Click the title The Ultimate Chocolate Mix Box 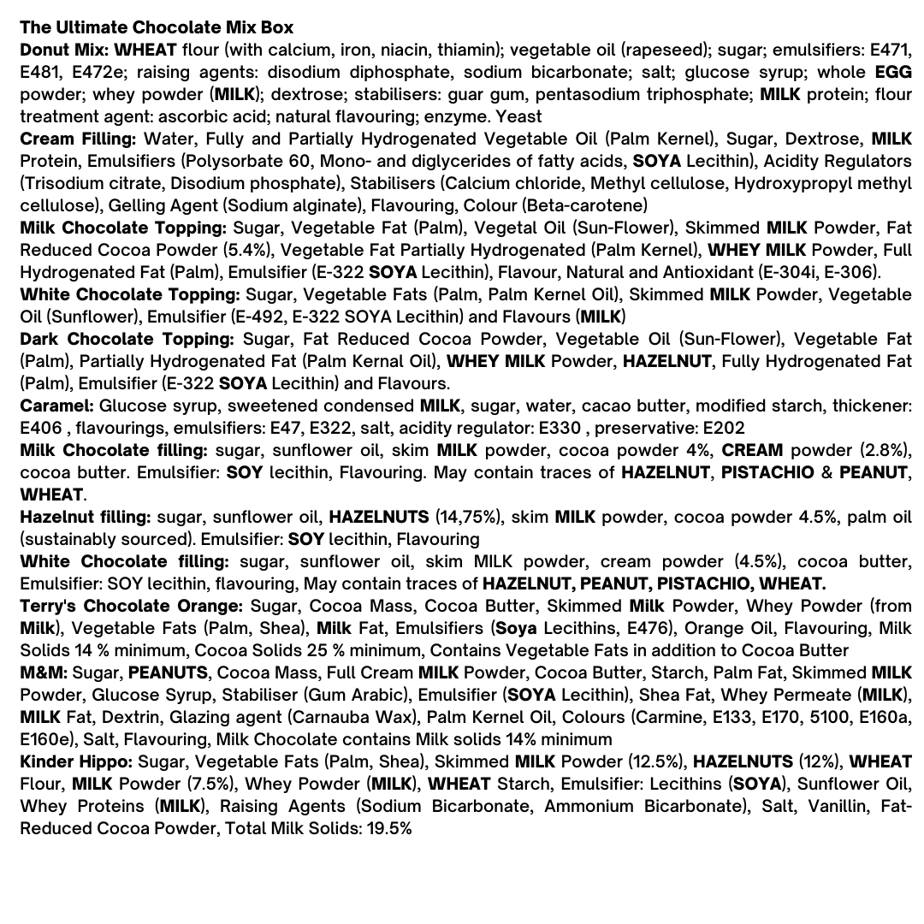[157, 27]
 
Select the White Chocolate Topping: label [129, 294]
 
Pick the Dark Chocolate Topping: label [126, 339]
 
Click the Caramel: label [56, 406]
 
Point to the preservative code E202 [723, 428]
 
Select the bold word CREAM [752, 450]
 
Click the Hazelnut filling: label [86, 517]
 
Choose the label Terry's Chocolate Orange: [131, 606]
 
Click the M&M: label [44, 672]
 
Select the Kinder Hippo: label [76, 761]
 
